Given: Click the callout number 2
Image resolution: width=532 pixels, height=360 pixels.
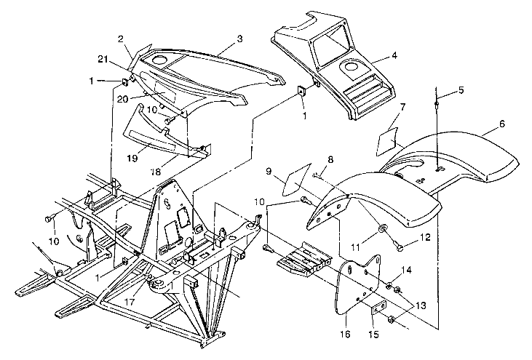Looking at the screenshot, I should (121, 39).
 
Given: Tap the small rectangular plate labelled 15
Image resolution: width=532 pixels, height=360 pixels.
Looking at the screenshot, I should (379, 308).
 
